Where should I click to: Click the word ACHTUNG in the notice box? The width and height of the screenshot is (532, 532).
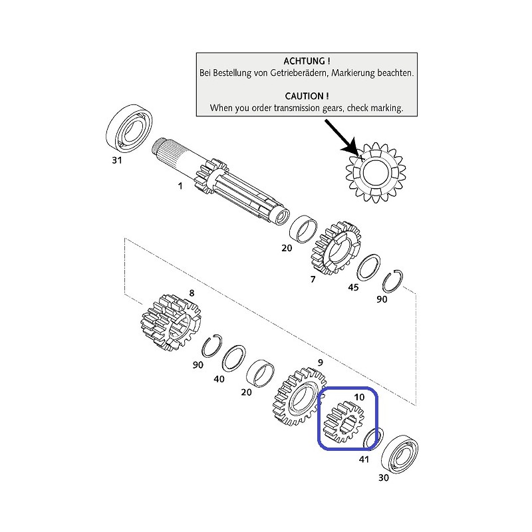pos(304,61)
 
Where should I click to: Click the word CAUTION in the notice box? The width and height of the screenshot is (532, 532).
pos(304,96)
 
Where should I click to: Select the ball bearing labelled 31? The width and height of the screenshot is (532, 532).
pos(129,127)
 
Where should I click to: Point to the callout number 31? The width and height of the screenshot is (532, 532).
pos(117,160)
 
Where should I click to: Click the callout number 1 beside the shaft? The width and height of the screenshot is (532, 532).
pos(180,186)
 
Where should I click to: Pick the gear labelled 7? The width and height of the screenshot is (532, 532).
pos(336,248)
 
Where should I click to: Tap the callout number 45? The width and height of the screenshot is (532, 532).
pos(353,287)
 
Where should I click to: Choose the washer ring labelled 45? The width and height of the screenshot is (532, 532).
pos(368,267)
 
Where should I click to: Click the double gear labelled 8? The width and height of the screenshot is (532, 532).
pos(171,323)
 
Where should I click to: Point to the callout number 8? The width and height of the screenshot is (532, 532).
pos(192,293)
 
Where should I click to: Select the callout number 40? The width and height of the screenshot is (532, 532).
pos(219,379)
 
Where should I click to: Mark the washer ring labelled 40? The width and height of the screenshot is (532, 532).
pos(234,359)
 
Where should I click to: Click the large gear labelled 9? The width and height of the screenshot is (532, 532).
pos(298,396)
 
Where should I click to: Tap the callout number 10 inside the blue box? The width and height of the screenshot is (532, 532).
pos(359,397)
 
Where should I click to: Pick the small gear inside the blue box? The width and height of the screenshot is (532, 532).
pos(343,422)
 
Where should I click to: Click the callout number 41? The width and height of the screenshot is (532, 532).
pos(364,460)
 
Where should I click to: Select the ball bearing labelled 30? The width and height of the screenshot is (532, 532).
pos(400,454)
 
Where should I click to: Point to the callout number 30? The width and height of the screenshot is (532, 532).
pos(384,477)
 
